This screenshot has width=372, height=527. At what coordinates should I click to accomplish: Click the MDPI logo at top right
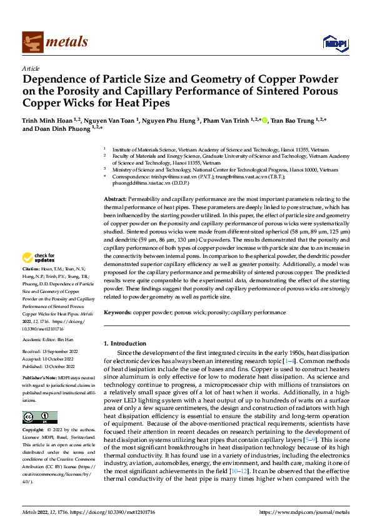coord(335,43)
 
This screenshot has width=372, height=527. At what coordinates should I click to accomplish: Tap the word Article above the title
coord(31,68)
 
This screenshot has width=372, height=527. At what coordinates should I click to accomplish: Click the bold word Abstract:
coord(116,198)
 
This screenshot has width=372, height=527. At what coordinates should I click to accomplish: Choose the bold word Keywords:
coord(118,312)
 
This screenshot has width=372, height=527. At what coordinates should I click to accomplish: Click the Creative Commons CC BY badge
coord(39,417)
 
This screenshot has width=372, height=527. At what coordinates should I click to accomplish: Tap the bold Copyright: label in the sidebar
coord(34,431)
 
